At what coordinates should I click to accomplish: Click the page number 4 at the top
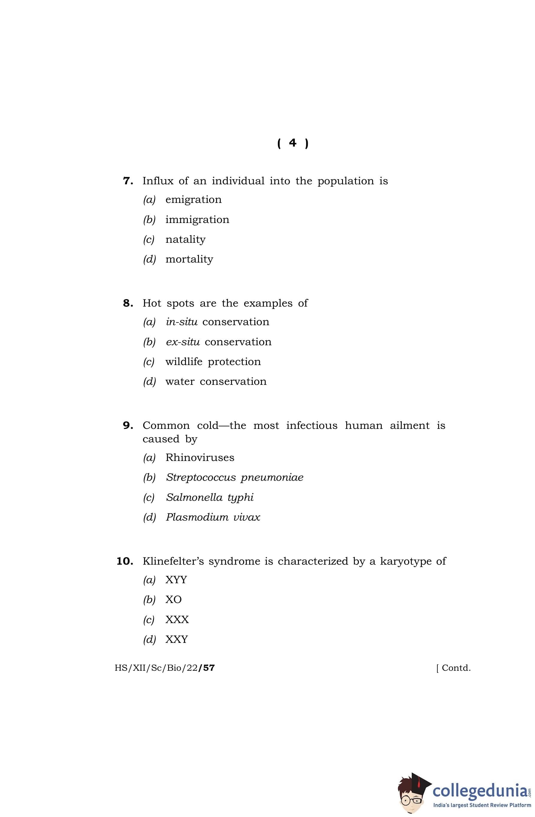(x=292, y=142)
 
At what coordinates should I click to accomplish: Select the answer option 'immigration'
(x=197, y=220)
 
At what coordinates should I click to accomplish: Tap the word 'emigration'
(x=193, y=200)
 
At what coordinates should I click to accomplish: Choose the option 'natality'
(x=185, y=239)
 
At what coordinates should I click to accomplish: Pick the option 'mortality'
(x=189, y=259)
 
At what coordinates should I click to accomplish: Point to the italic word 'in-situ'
(x=182, y=322)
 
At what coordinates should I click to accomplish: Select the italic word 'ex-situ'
(x=182, y=342)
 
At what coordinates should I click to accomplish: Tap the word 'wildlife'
(x=184, y=361)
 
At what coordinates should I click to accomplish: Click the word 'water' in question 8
(x=180, y=382)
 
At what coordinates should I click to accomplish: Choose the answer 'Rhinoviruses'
(x=200, y=458)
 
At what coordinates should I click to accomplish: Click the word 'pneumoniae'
(x=272, y=478)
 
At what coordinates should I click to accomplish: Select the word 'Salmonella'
(x=194, y=498)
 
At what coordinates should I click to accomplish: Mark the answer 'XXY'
(x=176, y=639)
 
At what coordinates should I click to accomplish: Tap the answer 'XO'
(x=173, y=599)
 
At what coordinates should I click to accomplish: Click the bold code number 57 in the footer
(x=209, y=668)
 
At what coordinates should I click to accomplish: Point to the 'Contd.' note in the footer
(x=456, y=668)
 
